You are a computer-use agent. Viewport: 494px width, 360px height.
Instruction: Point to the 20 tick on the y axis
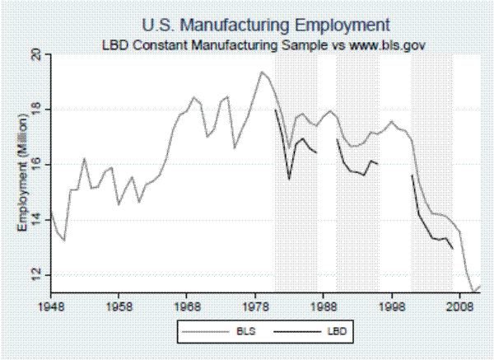pos(36,54)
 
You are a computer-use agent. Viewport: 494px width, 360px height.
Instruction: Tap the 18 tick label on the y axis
pos(36,110)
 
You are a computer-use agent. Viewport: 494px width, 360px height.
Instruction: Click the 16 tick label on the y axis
pos(36,165)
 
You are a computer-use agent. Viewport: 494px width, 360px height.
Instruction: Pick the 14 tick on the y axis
pos(36,220)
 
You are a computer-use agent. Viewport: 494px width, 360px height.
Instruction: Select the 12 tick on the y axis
pos(36,275)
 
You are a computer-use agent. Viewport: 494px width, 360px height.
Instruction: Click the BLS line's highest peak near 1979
pos(262,72)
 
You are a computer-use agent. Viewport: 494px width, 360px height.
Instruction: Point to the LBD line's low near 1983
pos(289,179)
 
